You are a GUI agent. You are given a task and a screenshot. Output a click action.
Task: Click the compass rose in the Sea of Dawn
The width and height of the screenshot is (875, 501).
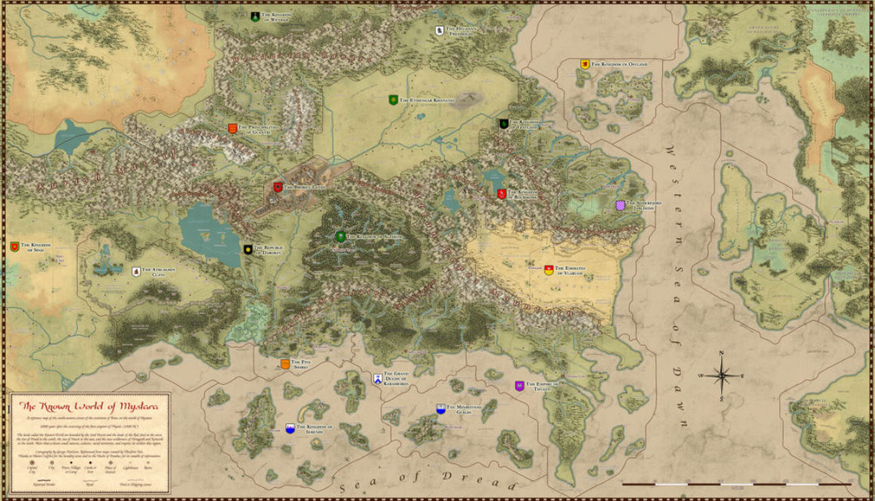[x=722, y=374]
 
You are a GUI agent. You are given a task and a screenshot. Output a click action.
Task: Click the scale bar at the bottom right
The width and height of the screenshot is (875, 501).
[x=736, y=483]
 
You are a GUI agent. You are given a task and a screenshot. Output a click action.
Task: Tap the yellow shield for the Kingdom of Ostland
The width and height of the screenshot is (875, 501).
[x=584, y=63]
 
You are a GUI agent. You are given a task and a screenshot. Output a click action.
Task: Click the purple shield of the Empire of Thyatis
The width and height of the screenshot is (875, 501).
[x=519, y=386]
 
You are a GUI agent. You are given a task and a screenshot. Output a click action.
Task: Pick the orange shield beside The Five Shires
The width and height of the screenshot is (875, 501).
[x=284, y=365]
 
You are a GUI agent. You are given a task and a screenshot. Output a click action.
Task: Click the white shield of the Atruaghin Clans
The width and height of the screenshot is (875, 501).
[x=136, y=270]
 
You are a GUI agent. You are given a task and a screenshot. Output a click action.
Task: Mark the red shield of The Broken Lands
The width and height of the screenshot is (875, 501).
[x=277, y=187]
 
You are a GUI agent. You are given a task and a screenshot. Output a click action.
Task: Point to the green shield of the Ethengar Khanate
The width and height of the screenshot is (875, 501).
[x=393, y=99]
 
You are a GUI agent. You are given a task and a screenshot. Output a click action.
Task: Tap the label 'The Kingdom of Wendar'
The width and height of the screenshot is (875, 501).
[x=275, y=15]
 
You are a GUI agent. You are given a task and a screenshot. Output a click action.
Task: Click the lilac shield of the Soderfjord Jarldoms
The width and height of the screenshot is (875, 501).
[x=621, y=206]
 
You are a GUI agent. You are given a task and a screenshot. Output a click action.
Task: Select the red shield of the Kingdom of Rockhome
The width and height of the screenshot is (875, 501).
[x=501, y=194]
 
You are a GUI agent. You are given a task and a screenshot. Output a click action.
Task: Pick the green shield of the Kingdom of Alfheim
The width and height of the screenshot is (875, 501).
[x=340, y=236]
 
